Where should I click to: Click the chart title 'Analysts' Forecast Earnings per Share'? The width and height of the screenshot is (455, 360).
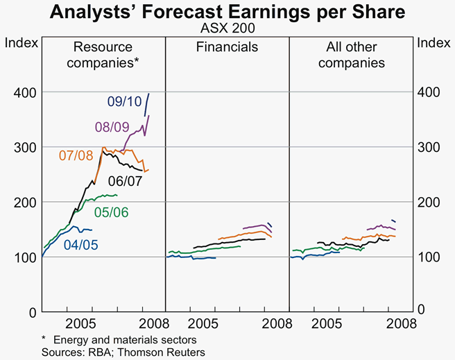227,13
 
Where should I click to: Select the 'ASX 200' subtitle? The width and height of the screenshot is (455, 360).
227,30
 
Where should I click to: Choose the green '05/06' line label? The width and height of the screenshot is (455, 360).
110,211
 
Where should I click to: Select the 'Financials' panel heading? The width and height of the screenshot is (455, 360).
227,48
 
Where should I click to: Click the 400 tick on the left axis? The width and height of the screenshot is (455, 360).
24,92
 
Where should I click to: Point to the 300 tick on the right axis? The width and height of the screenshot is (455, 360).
431,147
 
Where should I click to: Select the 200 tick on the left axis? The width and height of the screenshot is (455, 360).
24,202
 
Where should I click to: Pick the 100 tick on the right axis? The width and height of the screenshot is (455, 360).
431,257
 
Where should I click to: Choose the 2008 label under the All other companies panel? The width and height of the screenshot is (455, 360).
401,323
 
